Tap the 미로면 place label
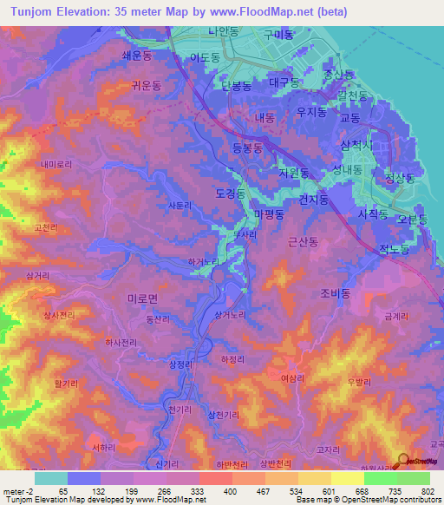click(x=142, y=297)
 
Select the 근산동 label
click(x=304, y=246)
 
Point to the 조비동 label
click(x=334, y=294)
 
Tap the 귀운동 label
click(x=145, y=85)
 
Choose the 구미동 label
click(x=279, y=35)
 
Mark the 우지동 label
click(x=310, y=112)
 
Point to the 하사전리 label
click(x=121, y=343)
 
